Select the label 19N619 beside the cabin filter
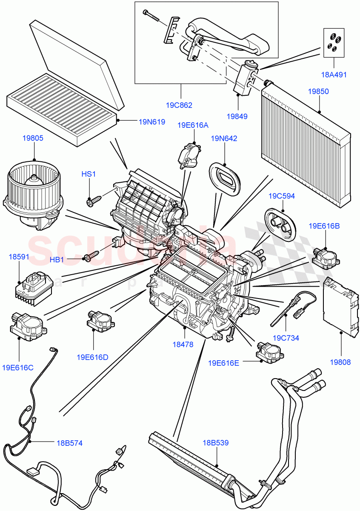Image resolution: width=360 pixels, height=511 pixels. pyautogui.click(x=151, y=121)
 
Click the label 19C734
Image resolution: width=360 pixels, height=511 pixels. pyautogui.click(x=286, y=338)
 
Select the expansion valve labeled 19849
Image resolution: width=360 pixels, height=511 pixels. pyautogui.click(x=246, y=78)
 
